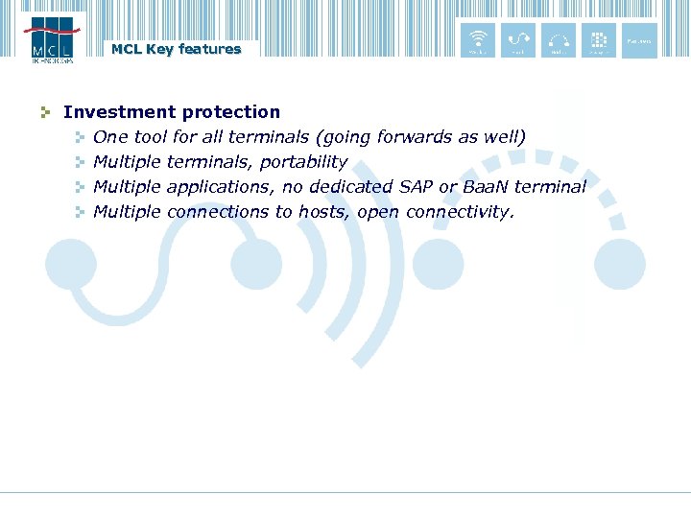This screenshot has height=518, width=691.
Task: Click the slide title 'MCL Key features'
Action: coord(176,49)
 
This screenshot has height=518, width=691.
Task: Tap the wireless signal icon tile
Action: coord(478,40)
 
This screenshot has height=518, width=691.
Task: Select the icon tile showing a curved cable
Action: coord(518,40)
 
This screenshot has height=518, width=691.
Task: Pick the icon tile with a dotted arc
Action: coord(559,40)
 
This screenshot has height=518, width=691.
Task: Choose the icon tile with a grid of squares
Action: coord(599,40)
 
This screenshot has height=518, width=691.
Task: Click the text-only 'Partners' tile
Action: coord(639,40)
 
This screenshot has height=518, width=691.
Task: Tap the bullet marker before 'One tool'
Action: coord(81,138)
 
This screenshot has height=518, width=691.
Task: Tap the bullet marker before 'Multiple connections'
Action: coord(81,212)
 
